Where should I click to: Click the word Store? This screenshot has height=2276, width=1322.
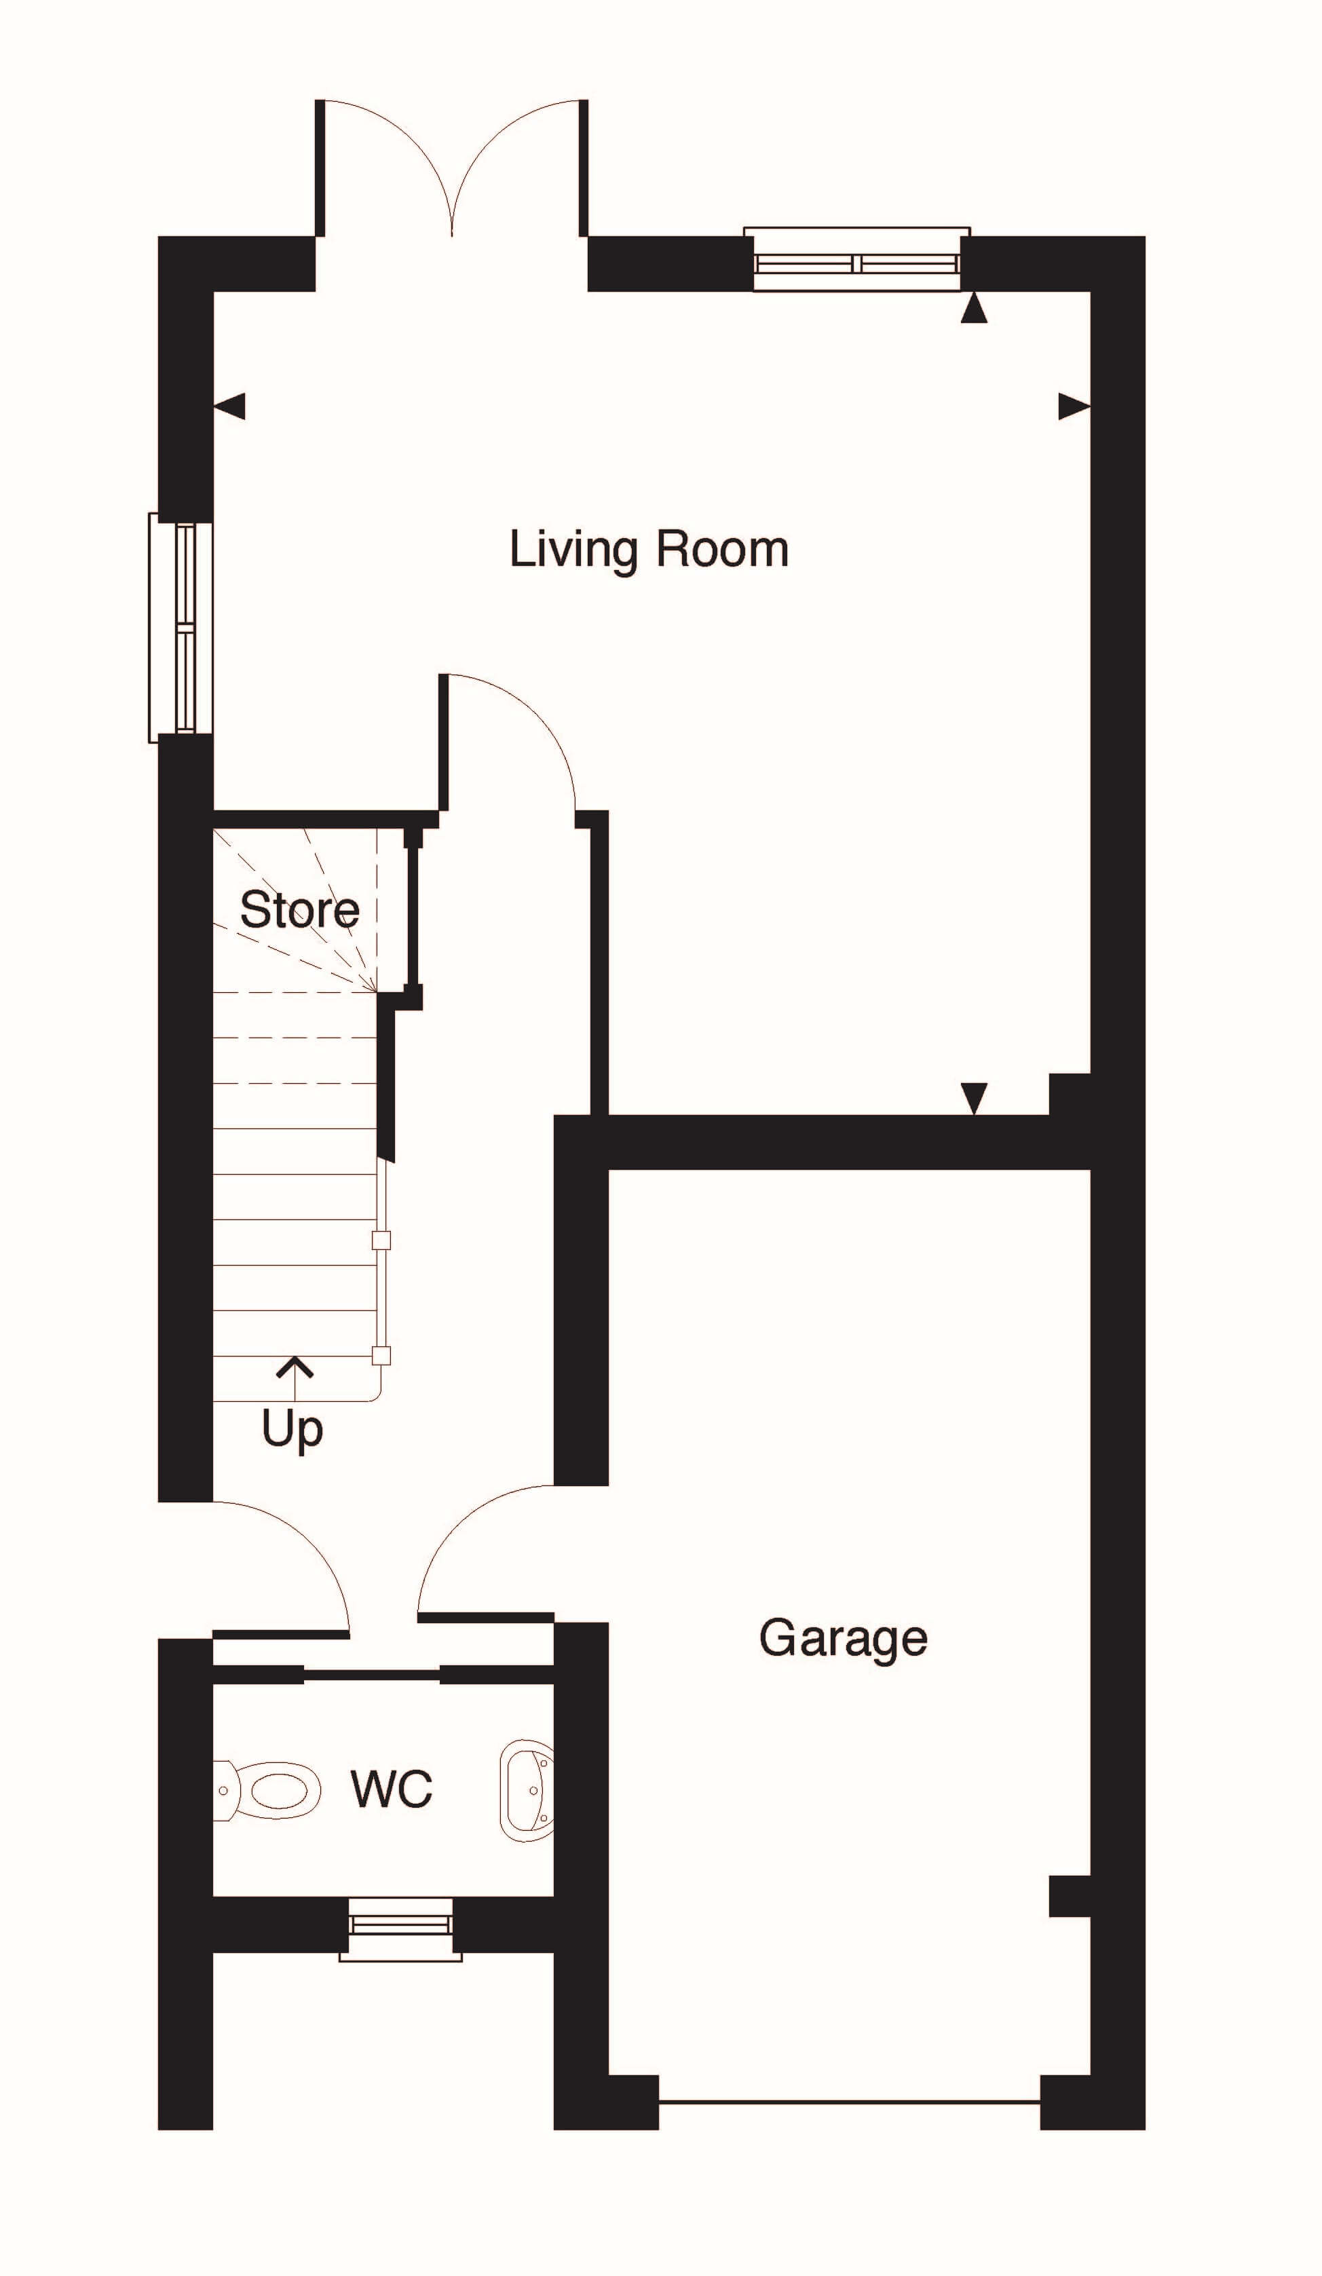(x=299, y=909)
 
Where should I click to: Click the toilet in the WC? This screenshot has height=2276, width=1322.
(x=267, y=1789)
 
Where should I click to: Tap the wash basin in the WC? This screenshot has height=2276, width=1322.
(x=527, y=1790)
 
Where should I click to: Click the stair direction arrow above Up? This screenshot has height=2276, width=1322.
(x=295, y=1378)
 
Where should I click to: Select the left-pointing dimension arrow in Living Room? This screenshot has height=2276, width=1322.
(x=229, y=406)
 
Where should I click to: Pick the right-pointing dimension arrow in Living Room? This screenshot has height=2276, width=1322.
(x=1074, y=406)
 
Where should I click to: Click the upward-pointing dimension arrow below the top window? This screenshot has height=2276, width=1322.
(x=973, y=308)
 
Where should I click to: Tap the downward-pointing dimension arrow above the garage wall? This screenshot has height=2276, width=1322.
(x=973, y=1098)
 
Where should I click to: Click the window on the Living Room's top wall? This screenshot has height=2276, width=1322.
(x=857, y=259)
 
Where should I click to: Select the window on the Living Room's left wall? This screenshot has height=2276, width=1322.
(x=181, y=628)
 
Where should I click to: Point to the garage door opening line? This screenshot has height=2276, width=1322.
(x=849, y=2102)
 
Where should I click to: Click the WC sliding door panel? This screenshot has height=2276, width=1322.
(x=372, y=1675)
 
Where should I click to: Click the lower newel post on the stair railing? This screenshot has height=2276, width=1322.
(x=381, y=1354)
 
